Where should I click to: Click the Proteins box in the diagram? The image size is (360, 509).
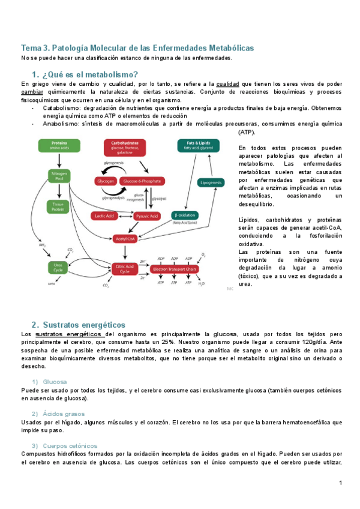[59, 145]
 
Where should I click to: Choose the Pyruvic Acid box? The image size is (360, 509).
[145, 215]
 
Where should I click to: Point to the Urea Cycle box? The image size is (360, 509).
[59, 268]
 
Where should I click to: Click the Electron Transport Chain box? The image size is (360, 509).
[175, 269]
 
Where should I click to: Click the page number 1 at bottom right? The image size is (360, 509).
[340, 483]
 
